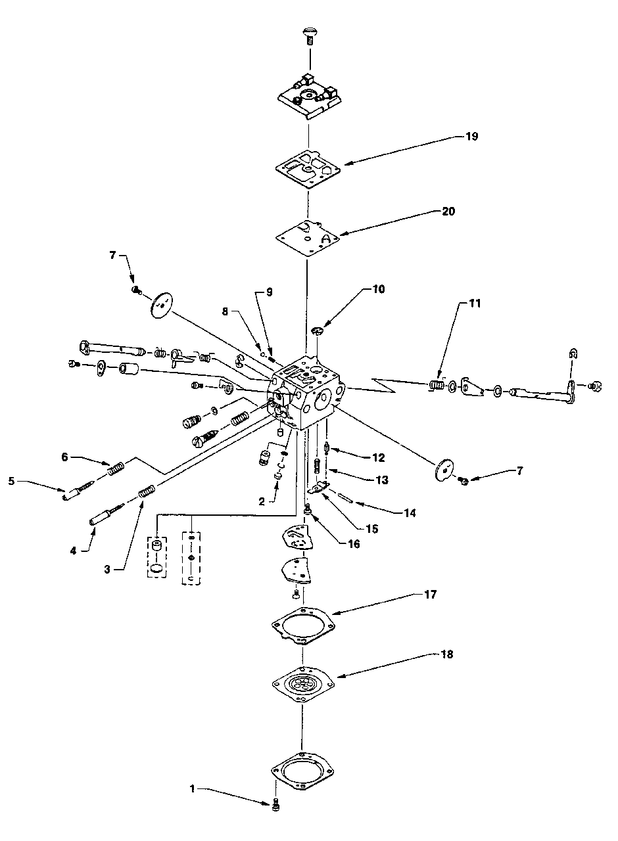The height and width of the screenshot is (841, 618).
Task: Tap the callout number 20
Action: pyautogui.click(x=448, y=212)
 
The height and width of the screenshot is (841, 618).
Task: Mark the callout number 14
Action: pyautogui.click(x=410, y=513)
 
